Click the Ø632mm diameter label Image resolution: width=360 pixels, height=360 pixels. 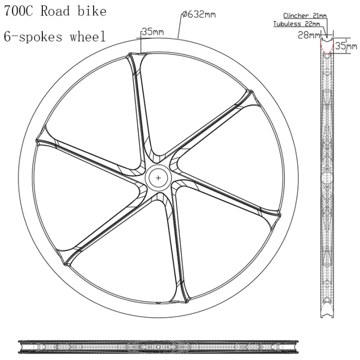tap(199, 15)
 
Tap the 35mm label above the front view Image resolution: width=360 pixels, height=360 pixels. tap(153, 31)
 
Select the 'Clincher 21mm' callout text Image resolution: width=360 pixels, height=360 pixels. tap(305, 16)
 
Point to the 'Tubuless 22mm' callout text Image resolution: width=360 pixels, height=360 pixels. tap(296, 24)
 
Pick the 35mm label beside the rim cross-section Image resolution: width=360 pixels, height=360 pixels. tap(346, 46)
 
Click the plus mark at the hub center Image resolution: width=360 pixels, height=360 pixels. tap(158, 177)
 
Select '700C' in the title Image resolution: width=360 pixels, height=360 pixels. tap(18, 11)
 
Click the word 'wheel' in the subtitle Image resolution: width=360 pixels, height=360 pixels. tap(88, 36)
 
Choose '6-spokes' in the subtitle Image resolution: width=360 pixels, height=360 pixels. tap(33, 37)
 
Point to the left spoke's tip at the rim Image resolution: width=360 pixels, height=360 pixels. tap(37, 141)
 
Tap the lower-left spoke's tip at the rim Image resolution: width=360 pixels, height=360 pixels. tap(66, 264)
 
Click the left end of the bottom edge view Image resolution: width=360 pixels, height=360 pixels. tap(18, 347)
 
